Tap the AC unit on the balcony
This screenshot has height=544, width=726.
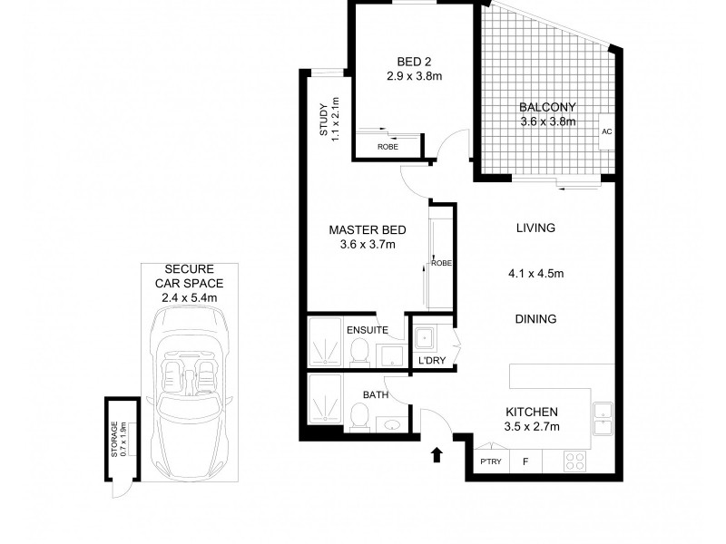point(607,132)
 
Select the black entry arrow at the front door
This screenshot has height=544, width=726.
point(438,454)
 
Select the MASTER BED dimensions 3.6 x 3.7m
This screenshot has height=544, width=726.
point(368,244)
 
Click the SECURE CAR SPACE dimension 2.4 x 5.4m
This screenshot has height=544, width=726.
point(191,296)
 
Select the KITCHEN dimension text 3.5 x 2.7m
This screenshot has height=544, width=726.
point(532,426)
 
